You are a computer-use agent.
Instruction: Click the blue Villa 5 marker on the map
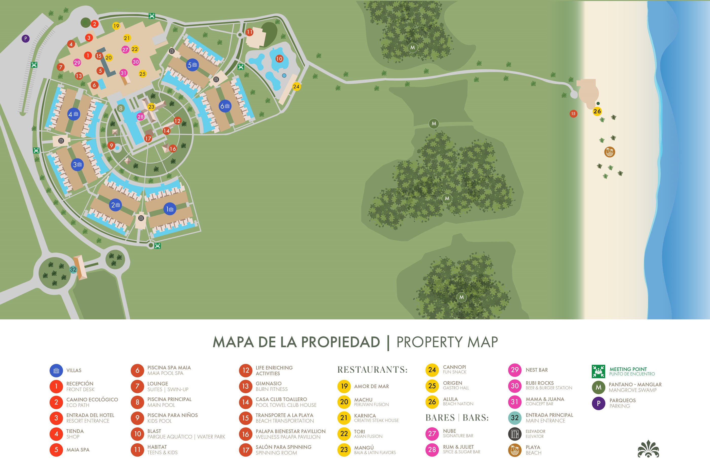[192, 65]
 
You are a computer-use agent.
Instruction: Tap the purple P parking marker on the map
[26, 38]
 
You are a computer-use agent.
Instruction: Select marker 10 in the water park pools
[279, 59]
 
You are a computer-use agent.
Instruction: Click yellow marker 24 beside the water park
[296, 87]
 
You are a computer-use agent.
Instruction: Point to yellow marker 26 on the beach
[597, 111]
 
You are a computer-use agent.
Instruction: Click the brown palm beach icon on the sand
[610, 152]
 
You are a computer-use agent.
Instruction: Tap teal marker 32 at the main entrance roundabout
[73, 269]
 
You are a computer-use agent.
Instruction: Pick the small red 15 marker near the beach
[573, 114]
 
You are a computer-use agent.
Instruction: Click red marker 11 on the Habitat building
[249, 32]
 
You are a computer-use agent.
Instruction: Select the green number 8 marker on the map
[121, 108]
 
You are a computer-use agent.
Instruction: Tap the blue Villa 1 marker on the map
[170, 209]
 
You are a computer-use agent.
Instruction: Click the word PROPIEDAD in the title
[340, 342]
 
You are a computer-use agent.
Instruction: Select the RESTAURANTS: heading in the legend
[372, 370]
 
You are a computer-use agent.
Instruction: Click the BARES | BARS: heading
[457, 418]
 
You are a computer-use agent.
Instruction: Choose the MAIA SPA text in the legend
[78, 450]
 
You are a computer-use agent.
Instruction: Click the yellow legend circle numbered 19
[344, 386]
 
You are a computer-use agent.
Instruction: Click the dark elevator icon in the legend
[515, 434]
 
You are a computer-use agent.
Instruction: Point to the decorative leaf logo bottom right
[648, 449]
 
